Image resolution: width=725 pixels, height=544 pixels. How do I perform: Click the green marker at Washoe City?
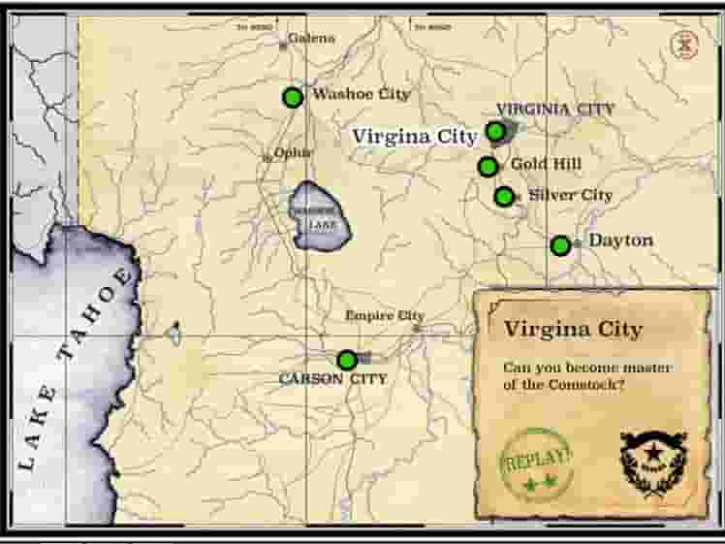(293, 97)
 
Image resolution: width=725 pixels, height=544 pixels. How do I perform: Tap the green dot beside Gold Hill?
(488, 167)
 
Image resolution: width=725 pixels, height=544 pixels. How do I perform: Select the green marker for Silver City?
(504, 197)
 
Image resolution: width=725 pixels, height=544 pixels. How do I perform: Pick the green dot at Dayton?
(560, 245)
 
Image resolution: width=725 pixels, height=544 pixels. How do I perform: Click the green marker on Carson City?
(346, 360)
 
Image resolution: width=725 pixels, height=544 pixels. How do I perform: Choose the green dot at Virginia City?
(495, 131)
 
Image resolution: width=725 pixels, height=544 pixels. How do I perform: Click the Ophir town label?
(293, 152)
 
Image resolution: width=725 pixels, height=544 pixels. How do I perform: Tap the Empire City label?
(385, 315)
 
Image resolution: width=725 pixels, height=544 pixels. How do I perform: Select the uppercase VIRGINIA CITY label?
(554, 109)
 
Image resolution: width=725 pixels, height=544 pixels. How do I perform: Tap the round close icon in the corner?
(685, 45)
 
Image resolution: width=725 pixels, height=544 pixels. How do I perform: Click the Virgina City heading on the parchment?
(573, 329)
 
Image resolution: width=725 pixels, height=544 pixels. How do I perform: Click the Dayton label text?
(620, 240)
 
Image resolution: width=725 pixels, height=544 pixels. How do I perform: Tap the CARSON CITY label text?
(332, 378)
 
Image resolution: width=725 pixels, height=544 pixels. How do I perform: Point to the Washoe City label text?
(361, 94)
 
